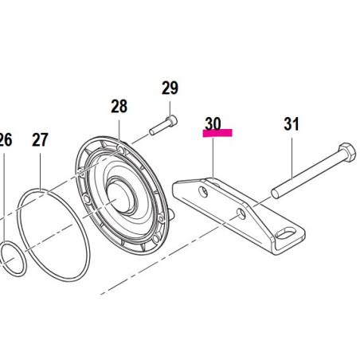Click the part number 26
click(x=6, y=139)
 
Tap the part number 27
click(x=40, y=139)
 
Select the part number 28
click(x=119, y=106)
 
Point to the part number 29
click(x=170, y=88)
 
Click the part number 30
click(x=213, y=123)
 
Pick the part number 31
click(x=292, y=123)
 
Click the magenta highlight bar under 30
click(x=217, y=133)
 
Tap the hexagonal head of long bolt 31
click(x=347, y=152)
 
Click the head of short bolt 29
click(x=172, y=121)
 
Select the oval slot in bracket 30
click(x=285, y=234)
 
